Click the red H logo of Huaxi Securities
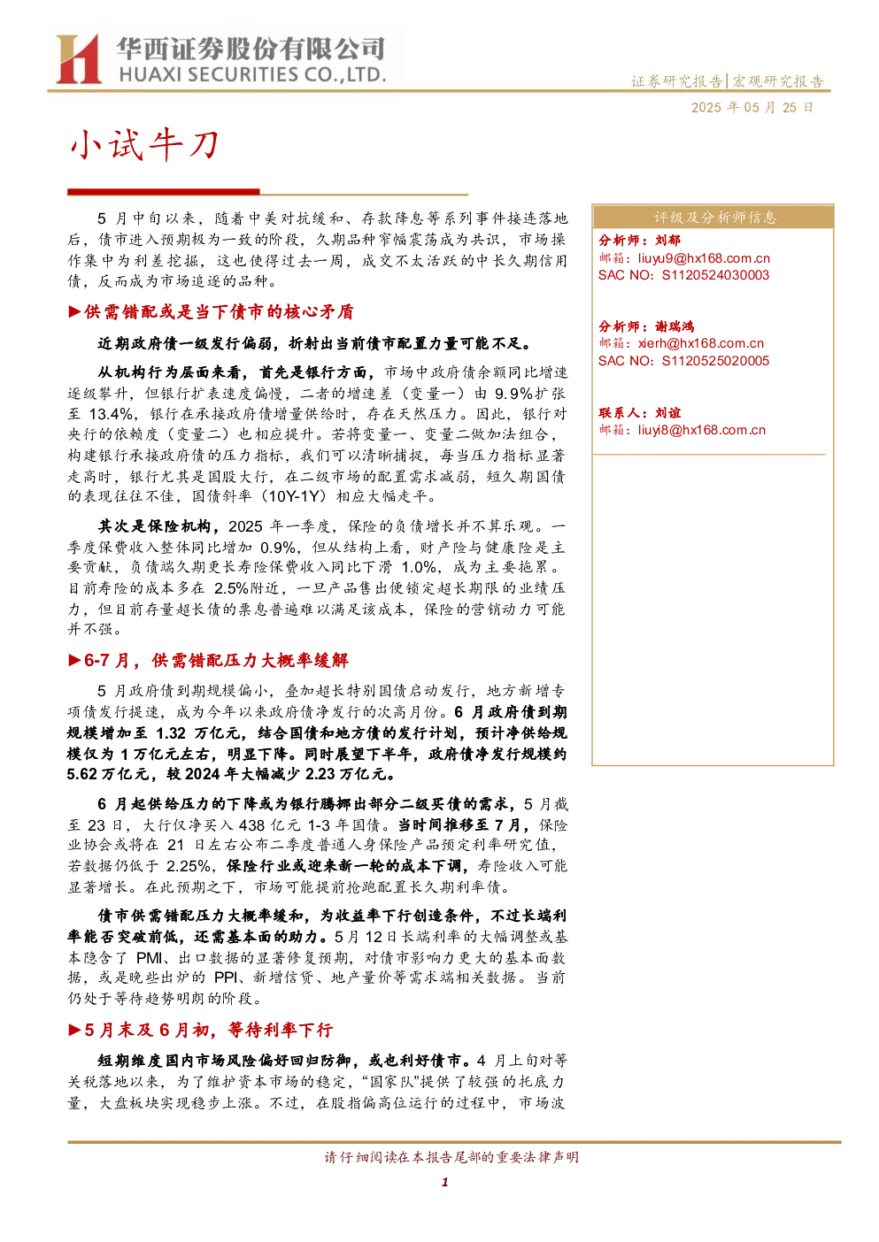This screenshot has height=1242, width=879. click(78, 59)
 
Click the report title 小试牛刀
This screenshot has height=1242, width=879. click(145, 145)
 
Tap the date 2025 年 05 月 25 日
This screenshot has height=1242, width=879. click(752, 108)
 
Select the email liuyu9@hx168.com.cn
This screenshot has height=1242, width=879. click(704, 258)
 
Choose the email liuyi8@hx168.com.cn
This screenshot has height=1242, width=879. click(701, 430)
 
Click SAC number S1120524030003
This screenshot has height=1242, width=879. click(715, 276)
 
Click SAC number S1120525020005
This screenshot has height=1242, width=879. click(715, 361)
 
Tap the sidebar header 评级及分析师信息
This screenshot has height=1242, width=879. click(714, 218)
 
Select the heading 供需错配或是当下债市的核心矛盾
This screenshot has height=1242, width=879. click(219, 312)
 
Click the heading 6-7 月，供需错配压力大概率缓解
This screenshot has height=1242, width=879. click(216, 661)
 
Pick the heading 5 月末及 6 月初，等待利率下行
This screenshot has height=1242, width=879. click(208, 1031)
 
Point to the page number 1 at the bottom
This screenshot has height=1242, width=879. click(444, 1183)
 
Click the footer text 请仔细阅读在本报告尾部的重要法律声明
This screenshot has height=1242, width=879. click(451, 1157)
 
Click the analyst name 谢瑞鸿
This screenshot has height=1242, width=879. click(675, 326)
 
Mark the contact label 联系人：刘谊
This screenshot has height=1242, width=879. click(639, 413)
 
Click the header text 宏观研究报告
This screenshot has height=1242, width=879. click(777, 81)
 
